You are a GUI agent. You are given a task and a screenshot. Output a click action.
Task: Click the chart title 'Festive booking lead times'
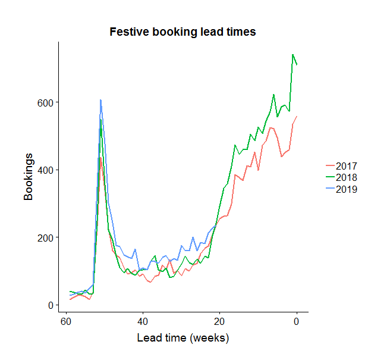[183, 32]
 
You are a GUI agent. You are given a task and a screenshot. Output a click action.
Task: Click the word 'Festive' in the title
[128, 32]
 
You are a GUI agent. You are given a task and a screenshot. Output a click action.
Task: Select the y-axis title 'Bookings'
[29, 176]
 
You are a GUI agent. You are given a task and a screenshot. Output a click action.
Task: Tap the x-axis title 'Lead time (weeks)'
[183, 338]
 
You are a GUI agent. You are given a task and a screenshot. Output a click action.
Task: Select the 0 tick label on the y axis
[51, 305]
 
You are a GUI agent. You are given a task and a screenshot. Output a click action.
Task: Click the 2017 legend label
[346, 165]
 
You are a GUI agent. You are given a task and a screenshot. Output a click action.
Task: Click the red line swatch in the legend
[330, 165]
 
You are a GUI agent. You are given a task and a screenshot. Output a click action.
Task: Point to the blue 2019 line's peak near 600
[100, 100]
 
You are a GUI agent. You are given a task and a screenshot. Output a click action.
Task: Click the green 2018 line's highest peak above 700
[293, 55]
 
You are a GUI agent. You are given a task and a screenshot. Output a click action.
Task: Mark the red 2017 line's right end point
[296, 117]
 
